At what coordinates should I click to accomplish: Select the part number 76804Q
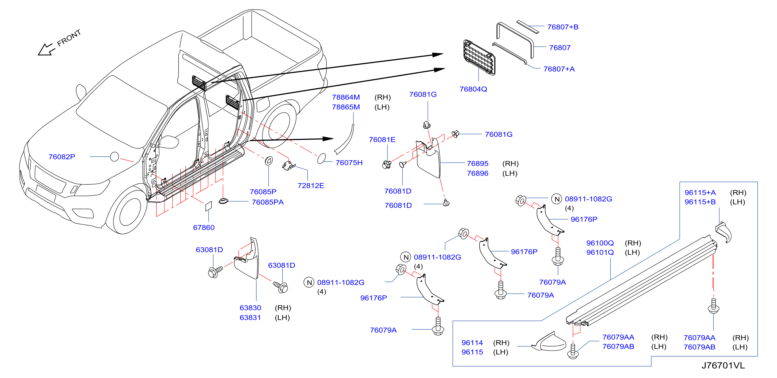tap(473, 89)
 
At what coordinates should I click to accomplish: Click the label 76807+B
tap(563, 27)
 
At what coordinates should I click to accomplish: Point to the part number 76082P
tap(62, 157)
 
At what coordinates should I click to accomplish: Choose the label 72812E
tap(311, 185)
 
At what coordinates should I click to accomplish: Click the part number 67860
tap(204, 227)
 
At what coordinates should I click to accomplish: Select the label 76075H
tap(349, 163)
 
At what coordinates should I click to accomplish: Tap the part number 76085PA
tap(268, 202)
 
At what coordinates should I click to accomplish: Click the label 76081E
tap(382, 140)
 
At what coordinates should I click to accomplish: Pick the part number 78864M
tap(346, 97)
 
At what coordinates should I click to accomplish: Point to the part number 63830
tap(250, 308)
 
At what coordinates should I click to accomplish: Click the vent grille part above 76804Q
tap(479, 57)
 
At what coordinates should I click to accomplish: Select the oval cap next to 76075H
tap(321, 158)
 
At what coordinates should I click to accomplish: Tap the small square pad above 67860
tap(208, 206)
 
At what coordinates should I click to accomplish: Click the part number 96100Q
tap(600, 243)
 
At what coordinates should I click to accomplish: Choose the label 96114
tap(472, 343)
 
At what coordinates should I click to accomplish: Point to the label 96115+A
tap(700, 193)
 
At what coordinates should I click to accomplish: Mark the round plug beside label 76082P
tap(114, 157)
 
